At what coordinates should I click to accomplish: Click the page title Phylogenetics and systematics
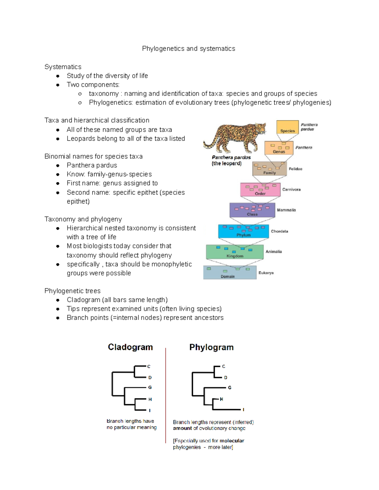189,49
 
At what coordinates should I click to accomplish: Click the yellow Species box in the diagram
287,127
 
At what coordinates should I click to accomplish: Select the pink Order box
260,190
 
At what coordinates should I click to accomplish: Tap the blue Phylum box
243,232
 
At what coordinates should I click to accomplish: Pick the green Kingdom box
235,252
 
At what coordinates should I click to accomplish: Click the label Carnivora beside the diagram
291,190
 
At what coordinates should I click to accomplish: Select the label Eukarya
266,273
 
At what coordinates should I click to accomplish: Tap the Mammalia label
286,210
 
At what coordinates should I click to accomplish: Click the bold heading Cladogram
130,347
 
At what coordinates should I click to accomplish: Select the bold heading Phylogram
211,347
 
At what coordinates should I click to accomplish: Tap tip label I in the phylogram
244,410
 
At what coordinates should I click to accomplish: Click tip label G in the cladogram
150,387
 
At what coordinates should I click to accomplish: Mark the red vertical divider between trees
165,394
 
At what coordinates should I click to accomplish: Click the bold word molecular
232,441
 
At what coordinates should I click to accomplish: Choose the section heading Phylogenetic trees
72,291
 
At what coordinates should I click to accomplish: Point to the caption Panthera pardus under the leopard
231,157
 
